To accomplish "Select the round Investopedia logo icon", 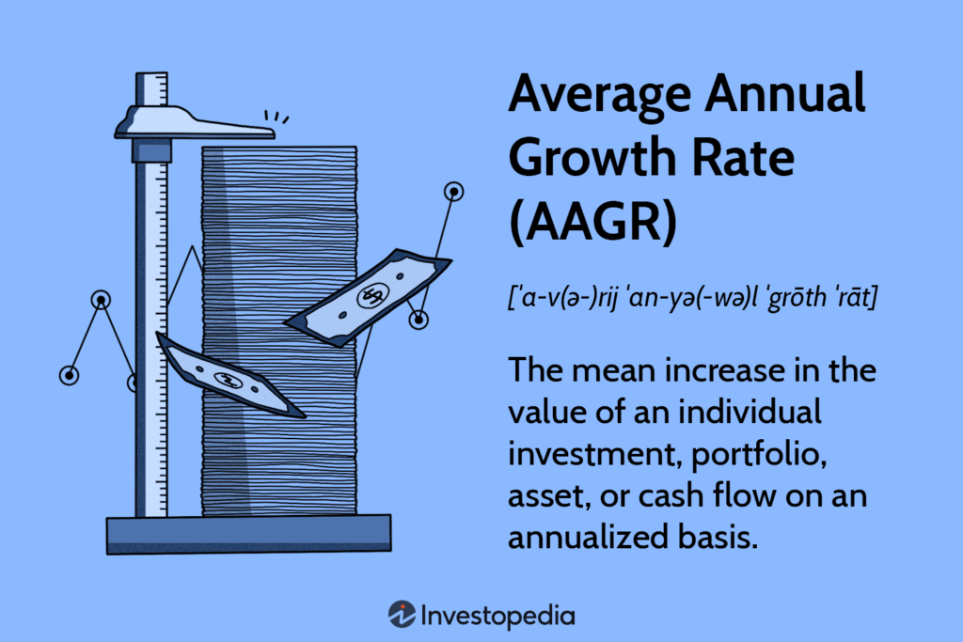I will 402,615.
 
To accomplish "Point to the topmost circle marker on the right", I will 454,192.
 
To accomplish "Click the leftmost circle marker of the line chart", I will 69,375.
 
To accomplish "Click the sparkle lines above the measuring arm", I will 276,117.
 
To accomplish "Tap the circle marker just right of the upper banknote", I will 418,320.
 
